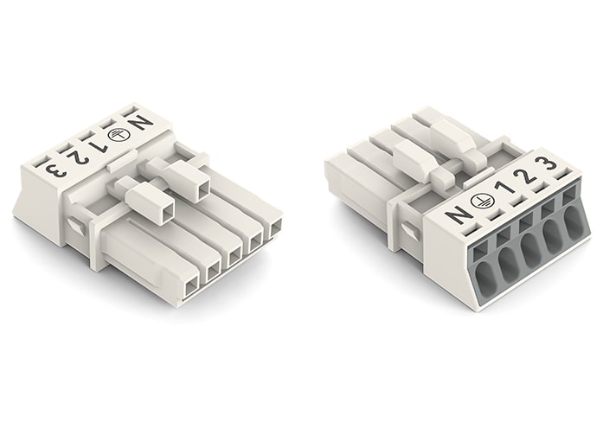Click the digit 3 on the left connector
(54, 165)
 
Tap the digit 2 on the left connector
(79, 155)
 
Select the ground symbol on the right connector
(478, 204)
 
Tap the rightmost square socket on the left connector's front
(276, 228)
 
